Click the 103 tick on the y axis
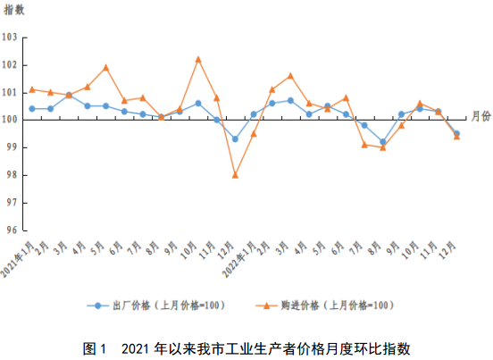tap(10, 38)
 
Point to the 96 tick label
tap(10, 230)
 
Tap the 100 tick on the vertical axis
tap(10, 120)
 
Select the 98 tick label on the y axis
tap(10, 175)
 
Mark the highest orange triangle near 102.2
tap(198, 59)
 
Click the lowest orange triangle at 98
tap(235, 174)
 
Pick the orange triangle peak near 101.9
tap(106, 67)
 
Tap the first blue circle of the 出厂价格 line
tap(32, 108)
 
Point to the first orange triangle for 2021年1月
tap(32, 89)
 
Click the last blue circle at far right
tap(456, 133)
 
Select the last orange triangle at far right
tap(456, 137)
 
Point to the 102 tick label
tap(10, 65)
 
